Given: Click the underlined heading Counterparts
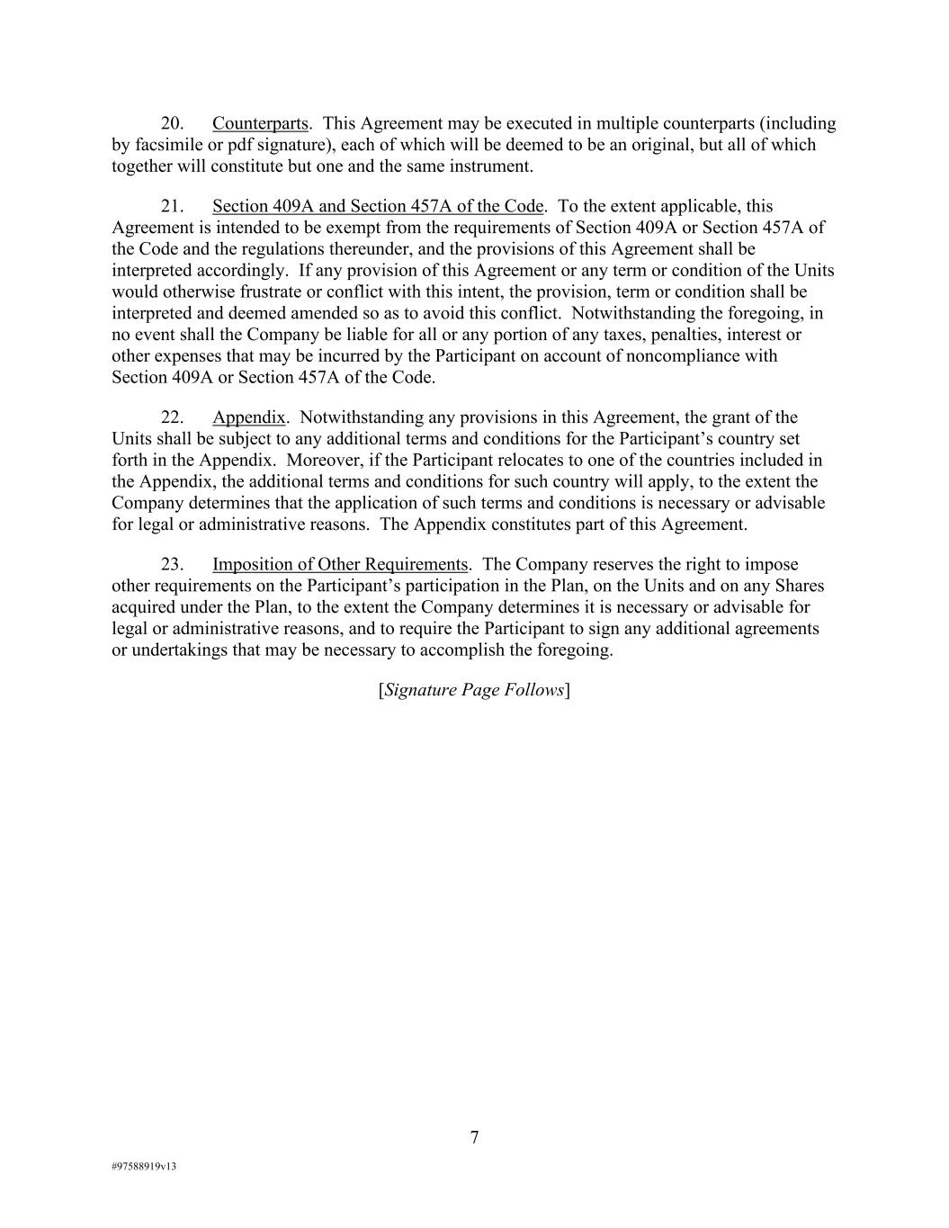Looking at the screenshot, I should [261, 123].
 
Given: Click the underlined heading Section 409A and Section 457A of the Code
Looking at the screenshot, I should [378, 206].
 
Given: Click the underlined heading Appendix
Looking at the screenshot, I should [248, 417].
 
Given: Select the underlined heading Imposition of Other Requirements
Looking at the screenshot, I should [340, 565].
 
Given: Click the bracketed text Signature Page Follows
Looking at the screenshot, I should [474, 690].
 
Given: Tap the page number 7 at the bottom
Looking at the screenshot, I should [474, 1138].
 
